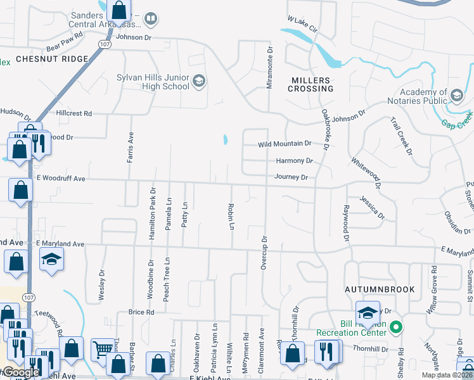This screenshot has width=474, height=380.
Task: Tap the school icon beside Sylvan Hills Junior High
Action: (x=199, y=80)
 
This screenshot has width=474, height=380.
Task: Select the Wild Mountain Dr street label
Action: (x=285, y=144)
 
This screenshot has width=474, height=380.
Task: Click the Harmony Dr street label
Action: (x=294, y=161)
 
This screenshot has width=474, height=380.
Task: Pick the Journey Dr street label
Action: (x=291, y=177)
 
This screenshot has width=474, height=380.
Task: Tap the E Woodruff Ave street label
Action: (x=60, y=179)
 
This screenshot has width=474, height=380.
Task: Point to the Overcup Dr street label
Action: (x=264, y=252)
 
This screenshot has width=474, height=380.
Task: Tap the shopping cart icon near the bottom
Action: (x=102, y=348)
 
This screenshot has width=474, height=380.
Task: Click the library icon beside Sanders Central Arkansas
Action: (x=150, y=19)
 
